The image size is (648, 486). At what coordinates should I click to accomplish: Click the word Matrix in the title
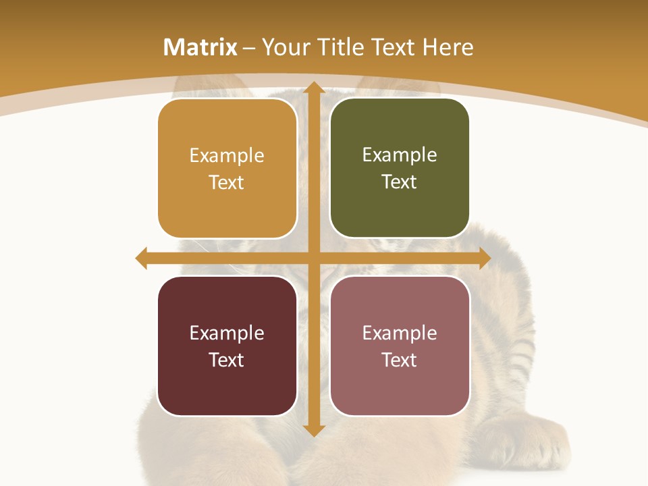(200, 47)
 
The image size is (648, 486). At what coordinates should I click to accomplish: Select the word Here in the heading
(448, 47)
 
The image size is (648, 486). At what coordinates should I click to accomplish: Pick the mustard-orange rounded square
(227, 169)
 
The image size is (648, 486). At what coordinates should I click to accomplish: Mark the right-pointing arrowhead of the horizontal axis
(484, 258)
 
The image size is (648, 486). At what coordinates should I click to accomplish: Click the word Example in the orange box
(227, 156)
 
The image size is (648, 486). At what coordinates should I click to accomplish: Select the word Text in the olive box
(400, 182)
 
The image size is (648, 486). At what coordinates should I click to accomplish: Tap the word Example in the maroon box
(227, 333)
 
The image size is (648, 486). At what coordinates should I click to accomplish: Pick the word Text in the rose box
(400, 360)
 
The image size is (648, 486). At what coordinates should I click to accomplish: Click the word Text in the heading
(391, 47)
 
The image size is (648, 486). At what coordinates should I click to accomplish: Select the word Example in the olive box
(400, 155)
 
